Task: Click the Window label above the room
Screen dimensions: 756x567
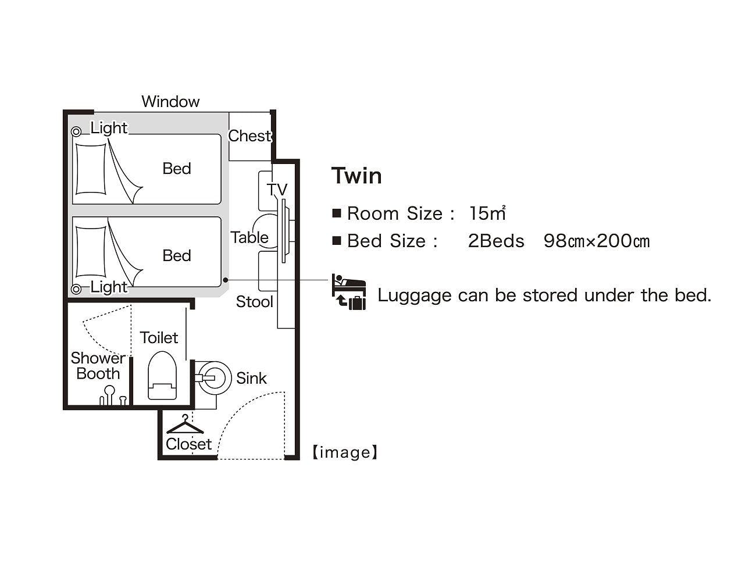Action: click(170, 102)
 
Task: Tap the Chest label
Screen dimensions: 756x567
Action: click(249, 136)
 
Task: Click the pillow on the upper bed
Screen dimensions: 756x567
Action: click(91, 169)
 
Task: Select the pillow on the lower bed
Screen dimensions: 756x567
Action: click(91, 252)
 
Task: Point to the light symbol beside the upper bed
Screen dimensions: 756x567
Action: click(76, 131)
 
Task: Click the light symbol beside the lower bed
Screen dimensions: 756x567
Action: click(76, 289)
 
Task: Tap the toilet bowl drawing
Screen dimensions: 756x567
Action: click(162, 375)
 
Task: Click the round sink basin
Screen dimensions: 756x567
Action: click(213, 378)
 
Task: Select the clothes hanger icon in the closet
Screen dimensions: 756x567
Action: click(186, 425)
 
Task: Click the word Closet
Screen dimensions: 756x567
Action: click(188, 444)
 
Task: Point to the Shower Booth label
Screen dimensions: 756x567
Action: click(98, 366)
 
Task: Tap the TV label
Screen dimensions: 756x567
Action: click(277, 190)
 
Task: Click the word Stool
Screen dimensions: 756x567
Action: click(255, 302)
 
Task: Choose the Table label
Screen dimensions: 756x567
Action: click(249, 237)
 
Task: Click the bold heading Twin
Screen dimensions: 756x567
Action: click(356, 176)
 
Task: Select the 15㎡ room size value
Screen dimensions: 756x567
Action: click(487, 213)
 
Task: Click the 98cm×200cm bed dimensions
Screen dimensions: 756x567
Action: click(597, 241)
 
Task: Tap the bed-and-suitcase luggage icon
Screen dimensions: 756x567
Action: click(348, 292)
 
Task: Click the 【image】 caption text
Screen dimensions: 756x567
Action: click(345, 452)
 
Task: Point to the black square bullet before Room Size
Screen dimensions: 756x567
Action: click(337, 213)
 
